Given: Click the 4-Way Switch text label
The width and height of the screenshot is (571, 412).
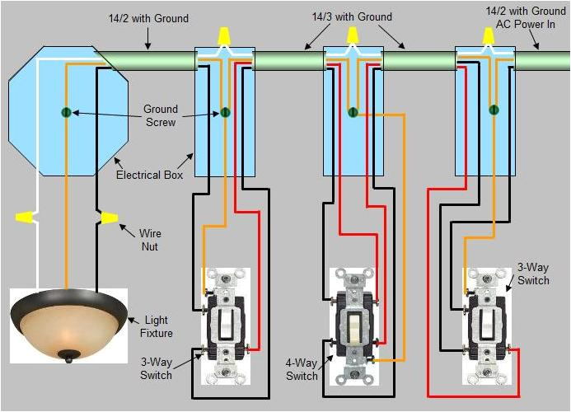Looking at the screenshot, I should click(302, 370).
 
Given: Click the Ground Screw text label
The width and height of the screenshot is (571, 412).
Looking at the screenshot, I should click(160, 115).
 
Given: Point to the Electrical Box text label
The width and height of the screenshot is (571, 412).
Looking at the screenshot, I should click(149, 176).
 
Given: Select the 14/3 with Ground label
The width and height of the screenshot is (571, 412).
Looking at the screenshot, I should click(352, 17).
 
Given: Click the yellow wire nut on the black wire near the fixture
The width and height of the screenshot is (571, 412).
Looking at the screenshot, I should click(108, 218).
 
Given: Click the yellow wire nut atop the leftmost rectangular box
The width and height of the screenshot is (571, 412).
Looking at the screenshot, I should click(222, 35).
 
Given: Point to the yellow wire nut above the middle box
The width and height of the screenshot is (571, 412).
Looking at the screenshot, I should click(353, 35).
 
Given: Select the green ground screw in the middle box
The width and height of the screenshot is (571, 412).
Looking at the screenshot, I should click(352, 111).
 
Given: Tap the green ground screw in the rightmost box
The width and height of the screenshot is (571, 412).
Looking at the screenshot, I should click(493, 109).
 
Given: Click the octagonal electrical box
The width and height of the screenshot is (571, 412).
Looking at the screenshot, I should click(67, 111).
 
